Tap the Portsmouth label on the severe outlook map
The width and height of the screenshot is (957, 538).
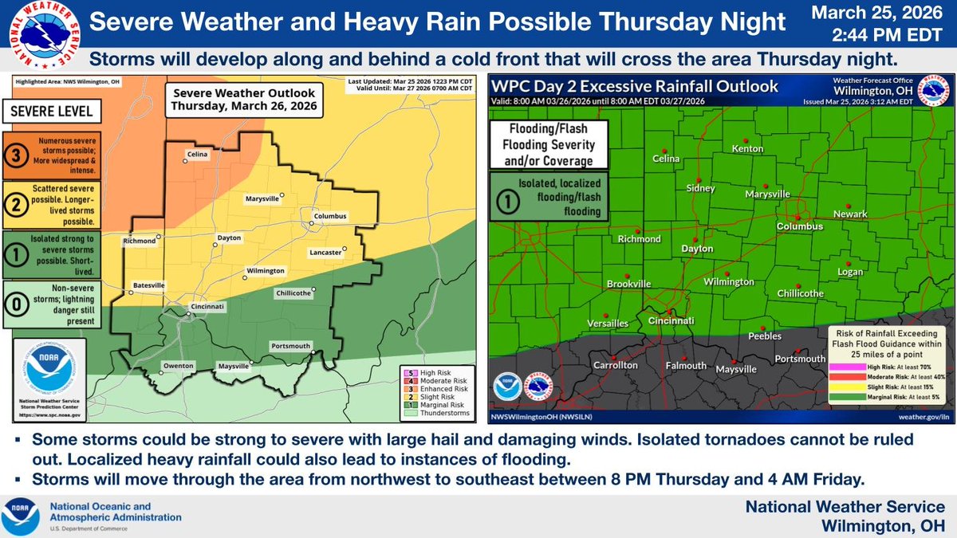[291, 346]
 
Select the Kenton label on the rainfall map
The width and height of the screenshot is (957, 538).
[746, 150]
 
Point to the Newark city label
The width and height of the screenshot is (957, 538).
[849, 214]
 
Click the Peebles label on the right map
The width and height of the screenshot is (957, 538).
[765, 336]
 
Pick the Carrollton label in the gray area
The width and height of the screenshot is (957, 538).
[615, 365]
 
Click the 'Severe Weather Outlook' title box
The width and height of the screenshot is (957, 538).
[244, 100]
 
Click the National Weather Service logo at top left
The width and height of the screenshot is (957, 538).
[41, 35]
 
